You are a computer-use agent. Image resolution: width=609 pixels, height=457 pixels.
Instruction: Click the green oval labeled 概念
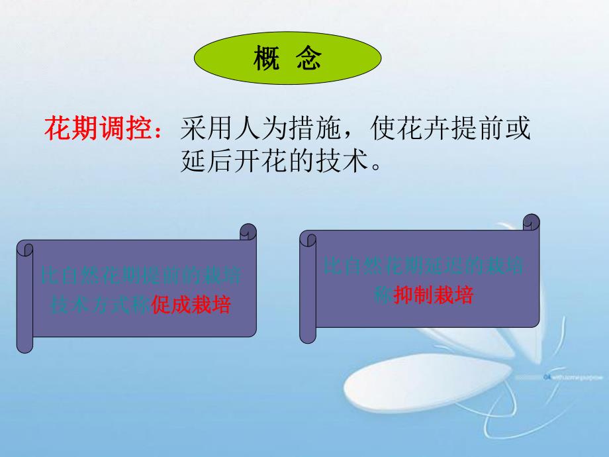(x=287, y=60)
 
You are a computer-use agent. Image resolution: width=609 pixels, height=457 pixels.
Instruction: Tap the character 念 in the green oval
(x=309, y=60)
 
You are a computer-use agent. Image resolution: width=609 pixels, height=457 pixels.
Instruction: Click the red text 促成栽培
(x=191, y=305)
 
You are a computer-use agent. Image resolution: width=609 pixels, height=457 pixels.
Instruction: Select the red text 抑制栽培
(x=434, y=296)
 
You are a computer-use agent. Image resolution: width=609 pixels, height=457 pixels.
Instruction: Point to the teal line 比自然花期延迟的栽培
(x=424, y=266)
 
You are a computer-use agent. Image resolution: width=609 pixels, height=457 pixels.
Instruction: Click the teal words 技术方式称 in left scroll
(x=101, y=305)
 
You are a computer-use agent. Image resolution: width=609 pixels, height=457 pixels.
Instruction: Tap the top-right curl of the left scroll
(x=248, y=232)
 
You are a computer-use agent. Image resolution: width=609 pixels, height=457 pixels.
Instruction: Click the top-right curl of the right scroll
(x=531, y=221)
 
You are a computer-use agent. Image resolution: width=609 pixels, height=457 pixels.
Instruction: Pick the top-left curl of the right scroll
(x=308, y=238)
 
